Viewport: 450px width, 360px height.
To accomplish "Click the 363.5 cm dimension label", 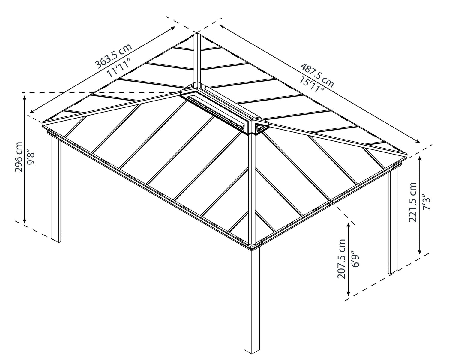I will (x=113, y=56).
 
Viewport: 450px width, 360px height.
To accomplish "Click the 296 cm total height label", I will (x=18, y=157).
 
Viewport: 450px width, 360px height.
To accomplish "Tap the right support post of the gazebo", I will (x=393, y=222).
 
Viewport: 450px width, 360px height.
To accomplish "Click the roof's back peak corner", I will (x=196, y=34).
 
